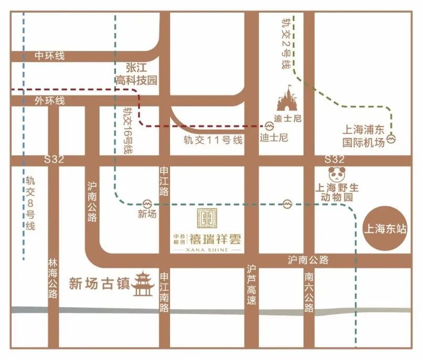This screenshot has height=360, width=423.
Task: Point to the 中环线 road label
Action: (50, 56)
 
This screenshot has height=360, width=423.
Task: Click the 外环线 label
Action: (50, 100)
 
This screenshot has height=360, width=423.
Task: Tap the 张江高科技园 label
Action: (137, 74)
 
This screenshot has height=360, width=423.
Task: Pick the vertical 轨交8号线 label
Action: (30, 203)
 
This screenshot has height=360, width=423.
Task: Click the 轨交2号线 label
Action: (285, 44)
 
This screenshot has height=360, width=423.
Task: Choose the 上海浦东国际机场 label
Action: (364, 136)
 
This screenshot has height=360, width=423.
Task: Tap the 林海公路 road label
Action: (52, 278)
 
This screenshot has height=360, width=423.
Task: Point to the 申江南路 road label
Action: (164, 292)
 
